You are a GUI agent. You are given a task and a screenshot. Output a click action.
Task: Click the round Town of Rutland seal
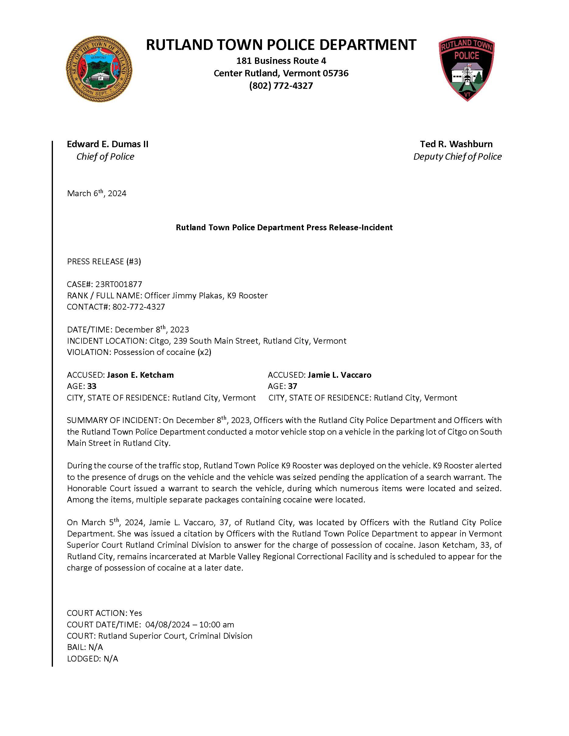pyautogui.click(x=99, y=69)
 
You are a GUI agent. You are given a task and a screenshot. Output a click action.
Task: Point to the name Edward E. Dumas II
pyautogui.click(x=107, y=144)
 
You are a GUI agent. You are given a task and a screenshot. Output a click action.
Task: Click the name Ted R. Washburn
pyautogui.click(x=456, y=144)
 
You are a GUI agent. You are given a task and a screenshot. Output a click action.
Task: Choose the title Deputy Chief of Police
pyautogui.click(x=457, y=157)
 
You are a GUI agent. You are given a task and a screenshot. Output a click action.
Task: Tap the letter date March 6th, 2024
pyautogui.click(x=97, y=193)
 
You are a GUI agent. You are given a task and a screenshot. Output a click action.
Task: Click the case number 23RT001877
pyautogui.click(x=119, y=284)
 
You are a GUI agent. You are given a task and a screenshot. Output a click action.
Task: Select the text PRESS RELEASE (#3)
pyautogui.click(x=104, y=262)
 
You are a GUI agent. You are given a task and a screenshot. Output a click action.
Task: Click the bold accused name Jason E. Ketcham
pyautogui.click(x=140, y=375)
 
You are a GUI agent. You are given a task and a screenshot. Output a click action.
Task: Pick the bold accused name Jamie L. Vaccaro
pyautogui.click(x=340, y=375)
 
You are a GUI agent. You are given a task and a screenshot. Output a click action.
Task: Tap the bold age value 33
pyautogui.click(x=92, y=386)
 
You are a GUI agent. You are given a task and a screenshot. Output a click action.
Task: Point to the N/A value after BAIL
pyautogui.click(x=96, y=647)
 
